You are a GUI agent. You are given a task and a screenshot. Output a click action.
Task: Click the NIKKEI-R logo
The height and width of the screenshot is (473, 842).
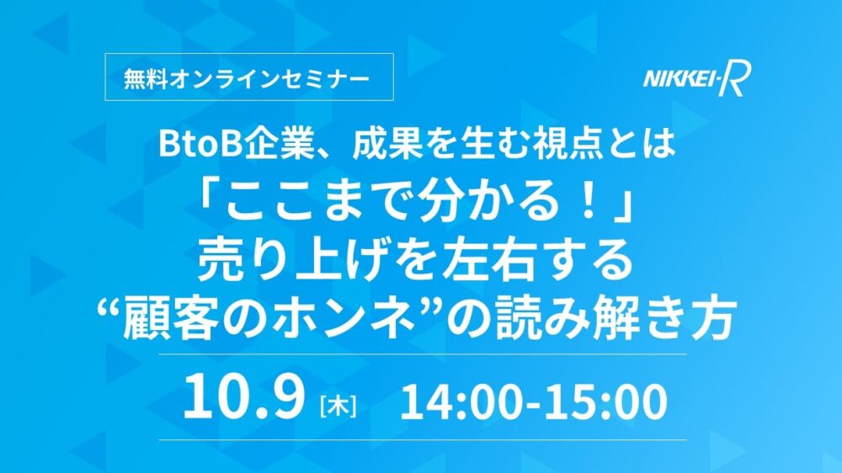(x=696, y=79)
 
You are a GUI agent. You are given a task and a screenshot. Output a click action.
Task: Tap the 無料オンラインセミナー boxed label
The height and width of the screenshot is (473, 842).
(x=249, y=77)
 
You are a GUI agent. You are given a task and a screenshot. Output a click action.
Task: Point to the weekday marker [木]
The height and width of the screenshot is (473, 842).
(x=338, y=406)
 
